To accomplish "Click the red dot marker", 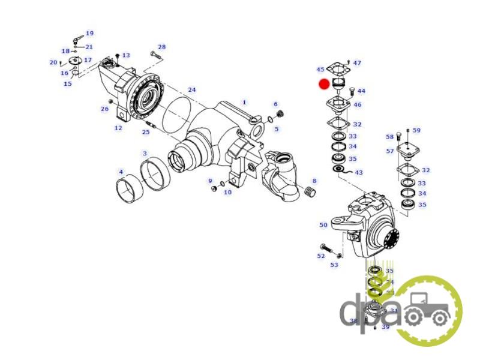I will point(324,84).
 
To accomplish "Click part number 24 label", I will point(191,90).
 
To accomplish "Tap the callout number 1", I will point(244,103).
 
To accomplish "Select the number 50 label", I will point(323,225).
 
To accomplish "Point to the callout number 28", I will point(161,47).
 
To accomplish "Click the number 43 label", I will point(359,173).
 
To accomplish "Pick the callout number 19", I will point(89,34).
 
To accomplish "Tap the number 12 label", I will point(118,128).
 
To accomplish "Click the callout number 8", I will point(314,181).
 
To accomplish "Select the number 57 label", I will point(390,151).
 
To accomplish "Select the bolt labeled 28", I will point(154,55).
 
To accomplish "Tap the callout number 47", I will point(357,63).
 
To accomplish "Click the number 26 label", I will point(104,109).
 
